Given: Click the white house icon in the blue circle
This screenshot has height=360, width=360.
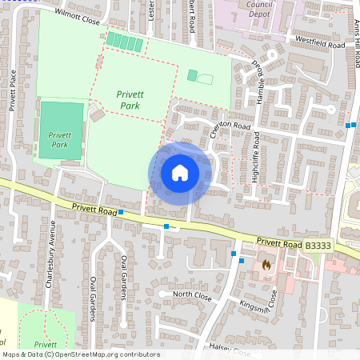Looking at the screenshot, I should point(179,173).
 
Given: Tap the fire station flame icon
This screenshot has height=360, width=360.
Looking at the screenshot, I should point(266,263).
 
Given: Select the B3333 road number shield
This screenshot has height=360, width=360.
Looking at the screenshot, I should point(318,246).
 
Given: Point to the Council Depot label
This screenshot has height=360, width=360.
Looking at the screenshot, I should point(260,9).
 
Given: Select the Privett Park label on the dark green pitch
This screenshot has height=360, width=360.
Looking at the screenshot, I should point(61,139).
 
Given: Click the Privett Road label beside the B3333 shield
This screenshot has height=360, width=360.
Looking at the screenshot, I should point(279,243).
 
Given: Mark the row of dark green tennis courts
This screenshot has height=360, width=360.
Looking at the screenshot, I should point(125,41).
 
